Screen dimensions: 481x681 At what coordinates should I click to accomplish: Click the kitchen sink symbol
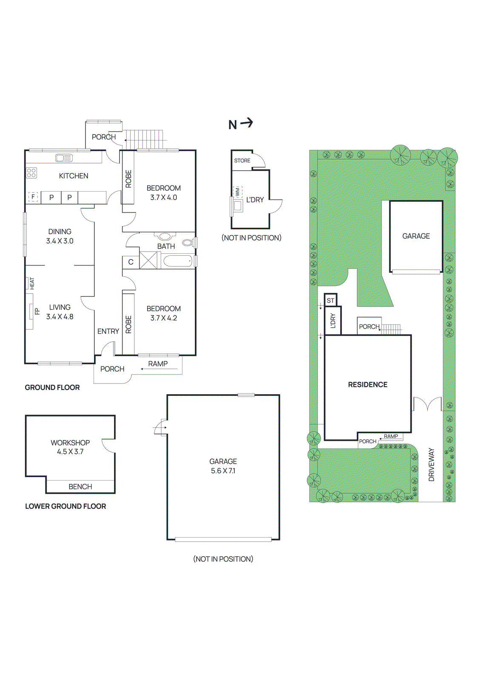click(x=64, y=158)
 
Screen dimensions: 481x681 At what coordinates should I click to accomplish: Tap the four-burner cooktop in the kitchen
click(x=31, y=173)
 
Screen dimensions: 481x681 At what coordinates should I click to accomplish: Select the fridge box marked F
click(x=33, y=197)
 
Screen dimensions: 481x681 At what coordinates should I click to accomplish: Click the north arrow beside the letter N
click(x=246, y=123)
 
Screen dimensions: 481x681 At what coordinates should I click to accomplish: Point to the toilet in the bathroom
click(x=188, y=243)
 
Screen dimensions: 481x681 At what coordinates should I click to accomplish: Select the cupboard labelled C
click(x=131, y=262)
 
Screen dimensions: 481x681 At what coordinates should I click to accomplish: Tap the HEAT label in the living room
click(x=32, y=283)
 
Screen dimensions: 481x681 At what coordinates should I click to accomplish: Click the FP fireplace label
click(x=37, y=311)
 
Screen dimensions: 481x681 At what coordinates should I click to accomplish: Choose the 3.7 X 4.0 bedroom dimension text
click(x=163, y=197)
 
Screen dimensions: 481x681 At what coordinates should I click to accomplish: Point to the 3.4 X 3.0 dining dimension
click(x=60, y=241)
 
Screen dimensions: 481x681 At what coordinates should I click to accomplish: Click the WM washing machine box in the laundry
click(x=237, y=192)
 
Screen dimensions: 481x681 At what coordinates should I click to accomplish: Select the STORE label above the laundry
click(x=242, y=160)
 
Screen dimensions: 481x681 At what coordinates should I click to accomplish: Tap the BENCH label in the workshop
click(x=80, y=486)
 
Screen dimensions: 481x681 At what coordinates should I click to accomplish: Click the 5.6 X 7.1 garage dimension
click(x=223, y=471)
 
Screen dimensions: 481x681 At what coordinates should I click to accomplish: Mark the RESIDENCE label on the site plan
click(x=368, y=385)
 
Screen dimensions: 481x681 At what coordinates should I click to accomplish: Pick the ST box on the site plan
click(x=330, y=300)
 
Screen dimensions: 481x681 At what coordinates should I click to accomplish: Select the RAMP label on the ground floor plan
click(x=158, y=363)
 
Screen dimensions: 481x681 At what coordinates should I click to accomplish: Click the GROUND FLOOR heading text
click(x=52, y=387)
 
